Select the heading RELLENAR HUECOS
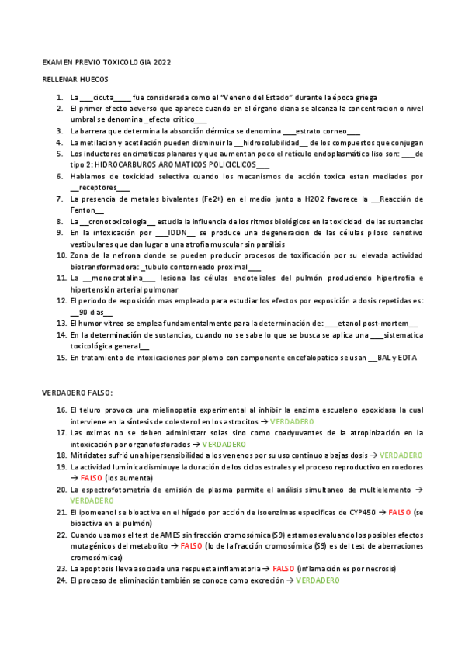click(x=75, y=80)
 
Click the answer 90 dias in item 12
click(x=91, y=311)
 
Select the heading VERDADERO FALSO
click(x=78, y=393)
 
